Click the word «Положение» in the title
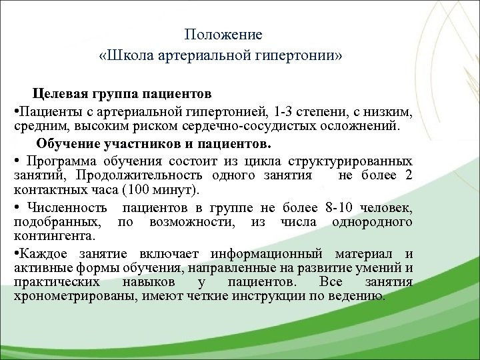click(x=223, y=34)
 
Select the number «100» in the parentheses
click(x=118, y=190)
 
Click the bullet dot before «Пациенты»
click(x=15, y=109)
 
